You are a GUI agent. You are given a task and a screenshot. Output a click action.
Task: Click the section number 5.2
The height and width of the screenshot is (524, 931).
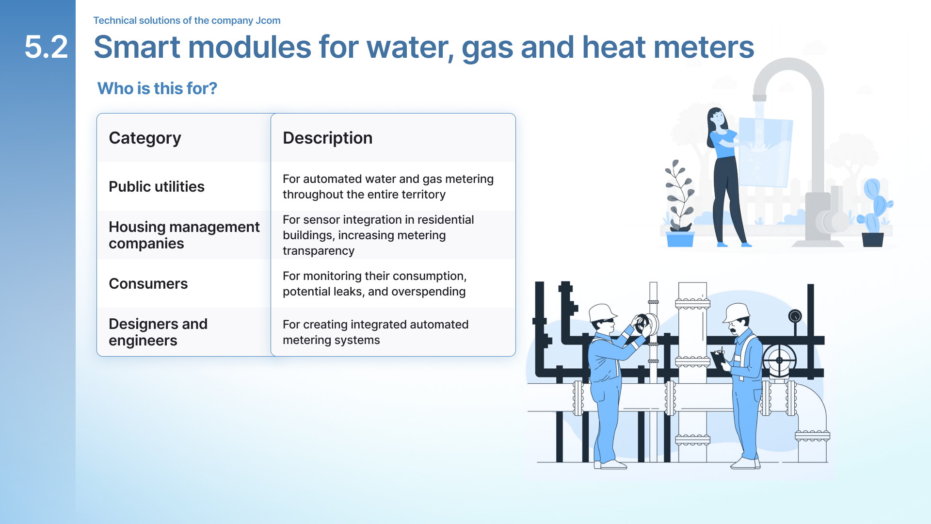pyautogui.click(x=46, y=47)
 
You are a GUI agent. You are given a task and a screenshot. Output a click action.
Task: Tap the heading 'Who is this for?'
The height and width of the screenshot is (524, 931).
pyautogui.click(x=157, y=88)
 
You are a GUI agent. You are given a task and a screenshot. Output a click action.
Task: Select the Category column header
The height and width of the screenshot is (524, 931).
pyautogui.click(x=145, y=138)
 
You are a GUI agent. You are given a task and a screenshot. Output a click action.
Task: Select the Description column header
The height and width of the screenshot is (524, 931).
pyautogui.click(x=328, y=138)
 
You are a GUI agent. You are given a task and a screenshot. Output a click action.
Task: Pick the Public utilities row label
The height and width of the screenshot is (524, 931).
pyautogui.click(x=157, y=186)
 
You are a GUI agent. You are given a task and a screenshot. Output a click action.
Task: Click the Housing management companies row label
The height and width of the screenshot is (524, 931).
pyautogui.click(x=184, y=235)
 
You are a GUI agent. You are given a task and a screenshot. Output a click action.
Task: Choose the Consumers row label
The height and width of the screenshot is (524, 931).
pyautogui.click(x=148, y=283)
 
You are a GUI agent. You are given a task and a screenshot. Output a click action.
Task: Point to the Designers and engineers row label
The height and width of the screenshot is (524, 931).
pyautogui.click(x=158, y=332)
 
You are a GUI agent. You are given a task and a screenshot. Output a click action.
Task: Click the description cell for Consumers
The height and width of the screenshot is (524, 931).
pyautogui.click(x=374, y=283)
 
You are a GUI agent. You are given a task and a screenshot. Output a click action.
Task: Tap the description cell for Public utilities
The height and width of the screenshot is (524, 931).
pyautogui.click(x=388, y=186)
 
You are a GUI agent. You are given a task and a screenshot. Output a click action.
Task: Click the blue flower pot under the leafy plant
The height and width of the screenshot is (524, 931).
pyautogui.click(x=680, y=239)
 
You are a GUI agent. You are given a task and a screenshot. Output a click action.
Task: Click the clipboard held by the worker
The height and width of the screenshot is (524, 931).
pyautogui.click(x=719, y=358)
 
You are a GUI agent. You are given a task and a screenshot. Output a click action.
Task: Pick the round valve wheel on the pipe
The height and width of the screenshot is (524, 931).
pyautogui.click(x=779, y=360)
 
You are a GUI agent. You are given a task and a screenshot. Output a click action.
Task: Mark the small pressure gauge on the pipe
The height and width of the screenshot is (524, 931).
pyautogui.click(x=795, y=316)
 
